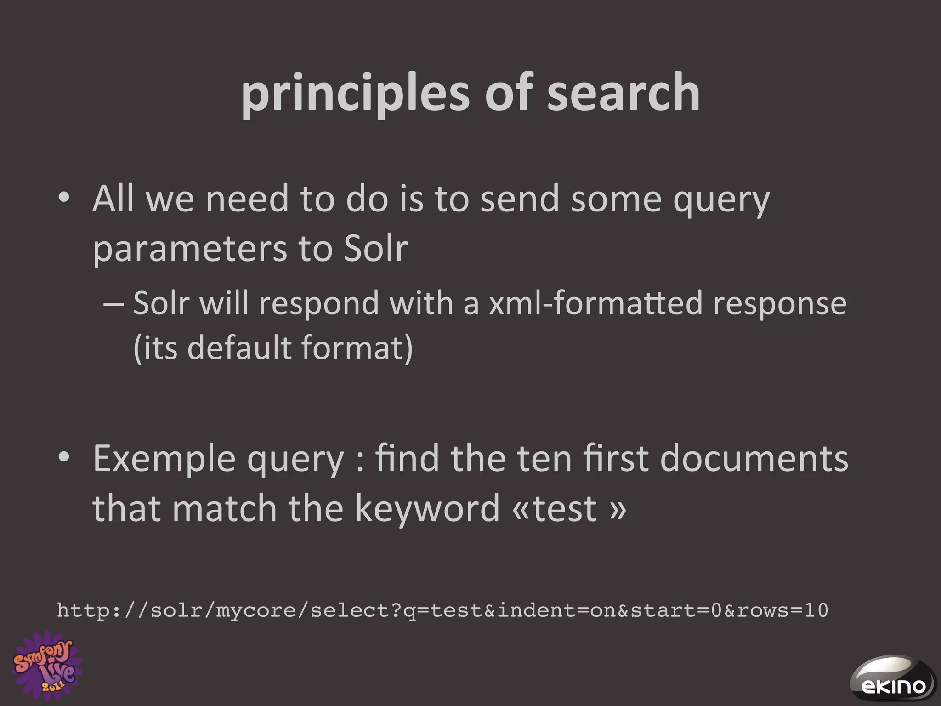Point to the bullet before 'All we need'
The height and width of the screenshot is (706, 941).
(64, 199)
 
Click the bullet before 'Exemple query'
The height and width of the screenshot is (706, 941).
(64, 458)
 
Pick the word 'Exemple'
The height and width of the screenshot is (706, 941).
(164, 459)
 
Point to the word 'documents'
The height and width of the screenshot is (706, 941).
(754, 459)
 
